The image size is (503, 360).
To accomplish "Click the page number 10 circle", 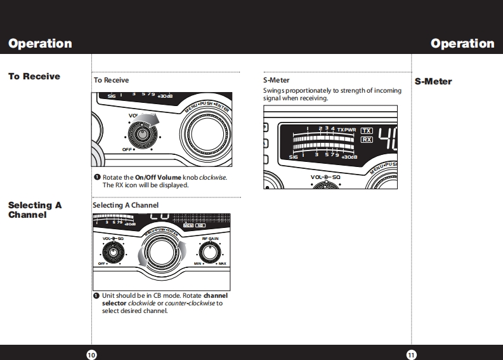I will point(91,354).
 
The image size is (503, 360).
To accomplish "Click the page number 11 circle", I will point(411,354).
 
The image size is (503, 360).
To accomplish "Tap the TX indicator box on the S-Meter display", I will point(366,130).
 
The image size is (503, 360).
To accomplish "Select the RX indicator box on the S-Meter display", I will point(366,139).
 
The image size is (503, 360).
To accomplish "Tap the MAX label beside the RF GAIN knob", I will point(222,263).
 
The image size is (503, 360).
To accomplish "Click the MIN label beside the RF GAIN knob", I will point(198,263).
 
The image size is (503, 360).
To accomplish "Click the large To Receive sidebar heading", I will point(34,76).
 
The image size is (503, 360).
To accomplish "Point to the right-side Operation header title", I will point(462,43).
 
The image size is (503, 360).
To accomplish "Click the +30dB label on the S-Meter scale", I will point(350,156).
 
